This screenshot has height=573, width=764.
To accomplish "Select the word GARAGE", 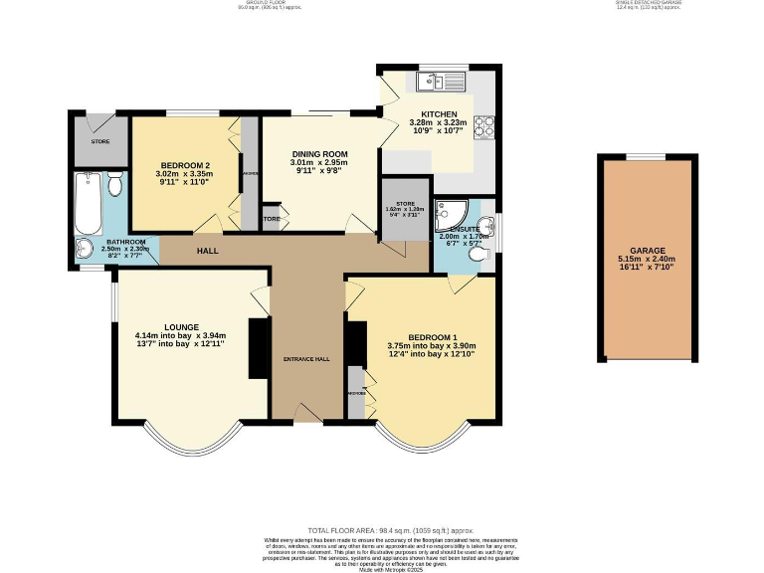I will [647, 252].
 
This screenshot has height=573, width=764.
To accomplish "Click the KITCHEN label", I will [438, 114].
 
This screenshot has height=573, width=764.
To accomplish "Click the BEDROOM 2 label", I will [186, 165].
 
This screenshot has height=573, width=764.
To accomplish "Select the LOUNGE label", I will [181, 326].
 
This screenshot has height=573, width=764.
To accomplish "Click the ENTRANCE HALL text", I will [305, 358].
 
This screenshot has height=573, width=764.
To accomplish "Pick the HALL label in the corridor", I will [207, 251].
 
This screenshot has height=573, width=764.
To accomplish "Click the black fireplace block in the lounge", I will [259, 348].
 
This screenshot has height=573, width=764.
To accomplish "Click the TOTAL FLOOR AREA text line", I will [381, 532].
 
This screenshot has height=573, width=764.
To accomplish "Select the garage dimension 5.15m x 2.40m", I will [647, 262].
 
